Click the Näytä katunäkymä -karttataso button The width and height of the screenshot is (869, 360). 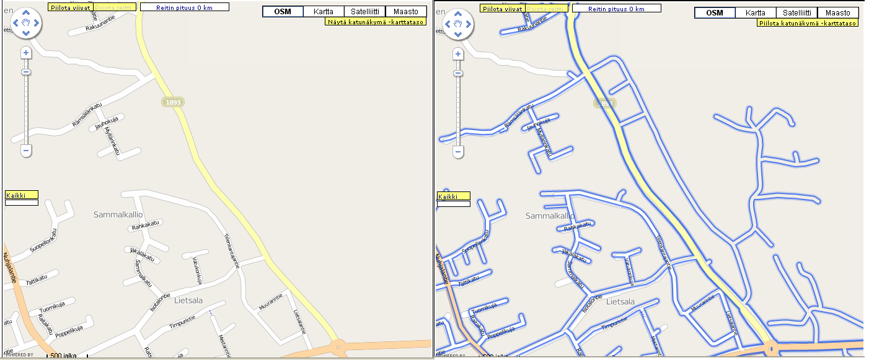[x=376, y=21]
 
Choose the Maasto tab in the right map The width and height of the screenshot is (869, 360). [x=838, y=12]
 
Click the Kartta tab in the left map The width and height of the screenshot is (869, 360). [x=324, y=12]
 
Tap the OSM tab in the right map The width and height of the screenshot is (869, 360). [x=715, y=12]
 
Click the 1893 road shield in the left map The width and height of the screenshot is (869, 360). [x=174, y=102]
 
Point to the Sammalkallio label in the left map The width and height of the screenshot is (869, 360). [x=118, y=215]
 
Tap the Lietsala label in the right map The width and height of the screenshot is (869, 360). [x=620, y=302]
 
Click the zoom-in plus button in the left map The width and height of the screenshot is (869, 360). [x=26, y=53]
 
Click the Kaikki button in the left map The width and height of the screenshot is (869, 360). [x=21, y=195]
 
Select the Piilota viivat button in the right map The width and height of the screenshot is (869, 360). [x=503, y=8]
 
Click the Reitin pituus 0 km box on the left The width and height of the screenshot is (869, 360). [x=184, y=7]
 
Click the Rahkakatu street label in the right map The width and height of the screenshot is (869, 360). [x=576, y=227]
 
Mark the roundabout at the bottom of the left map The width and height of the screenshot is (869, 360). [x=338, y=348]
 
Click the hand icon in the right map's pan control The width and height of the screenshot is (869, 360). [x=458, y=24]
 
